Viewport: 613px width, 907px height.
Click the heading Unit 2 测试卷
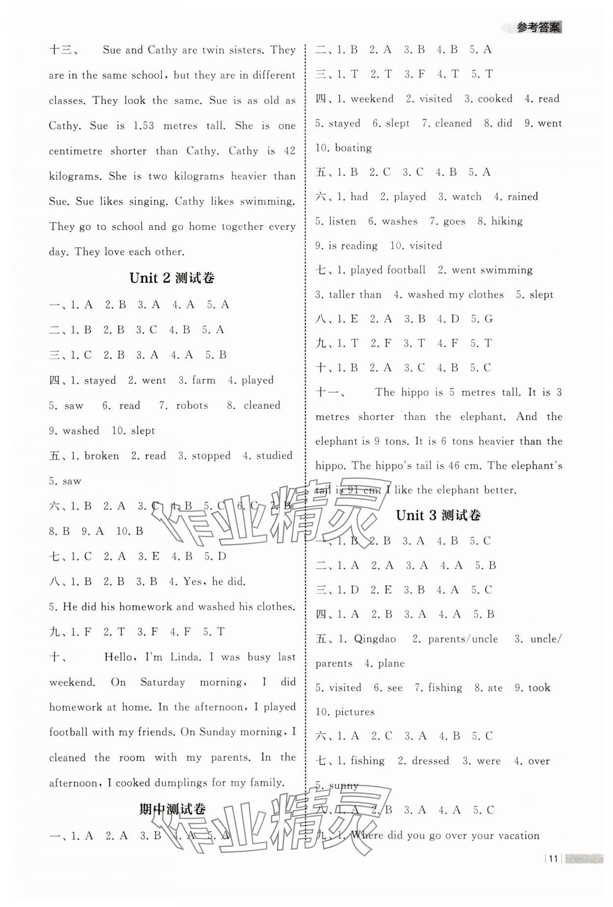pos(172,278)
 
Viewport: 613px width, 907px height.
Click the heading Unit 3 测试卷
pos(438,515)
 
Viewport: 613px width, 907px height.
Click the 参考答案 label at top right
pos(538,27)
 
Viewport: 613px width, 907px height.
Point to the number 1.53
pos(143,126)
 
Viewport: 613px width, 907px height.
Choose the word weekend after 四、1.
pos(372,99)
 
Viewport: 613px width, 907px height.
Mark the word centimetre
pos(73,151)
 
